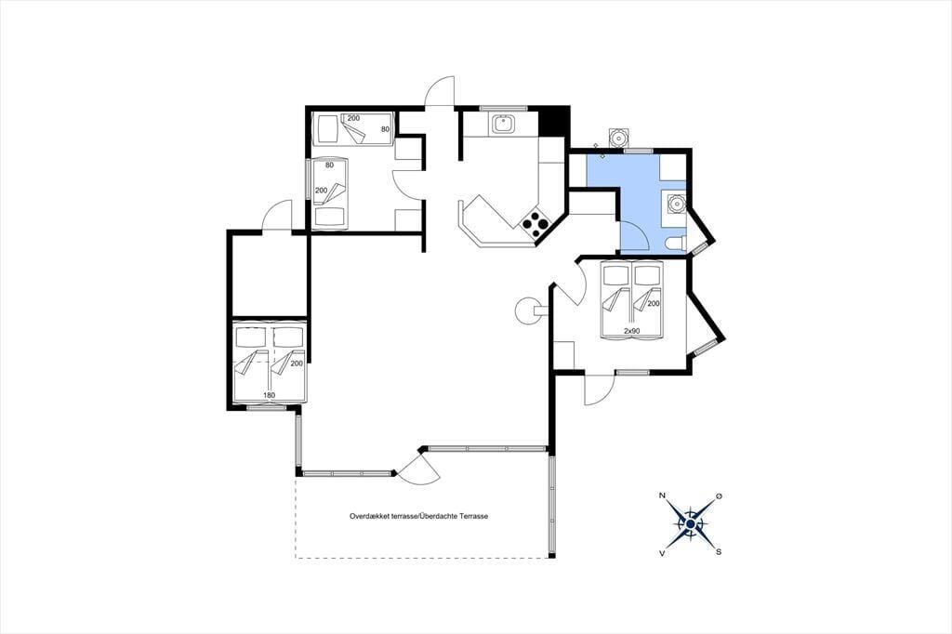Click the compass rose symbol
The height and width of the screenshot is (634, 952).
(691, 523)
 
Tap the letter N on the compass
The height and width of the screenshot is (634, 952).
(662, 495)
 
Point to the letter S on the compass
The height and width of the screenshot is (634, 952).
(719, 552)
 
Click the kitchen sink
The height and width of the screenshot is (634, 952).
(503, 125)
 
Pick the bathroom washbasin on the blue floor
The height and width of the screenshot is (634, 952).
(674, 203)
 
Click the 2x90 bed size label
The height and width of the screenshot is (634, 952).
(631, 331)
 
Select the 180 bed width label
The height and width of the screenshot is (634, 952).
(269, 395)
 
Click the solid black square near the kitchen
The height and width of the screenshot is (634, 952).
(553, 122)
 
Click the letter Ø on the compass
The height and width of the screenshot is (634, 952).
(719, 496)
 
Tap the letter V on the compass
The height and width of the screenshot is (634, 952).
(661, 552)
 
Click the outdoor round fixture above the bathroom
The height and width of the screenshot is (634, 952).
(618, 138)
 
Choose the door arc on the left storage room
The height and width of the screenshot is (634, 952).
(276, 214)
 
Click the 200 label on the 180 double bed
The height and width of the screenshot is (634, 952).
(297, 363)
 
